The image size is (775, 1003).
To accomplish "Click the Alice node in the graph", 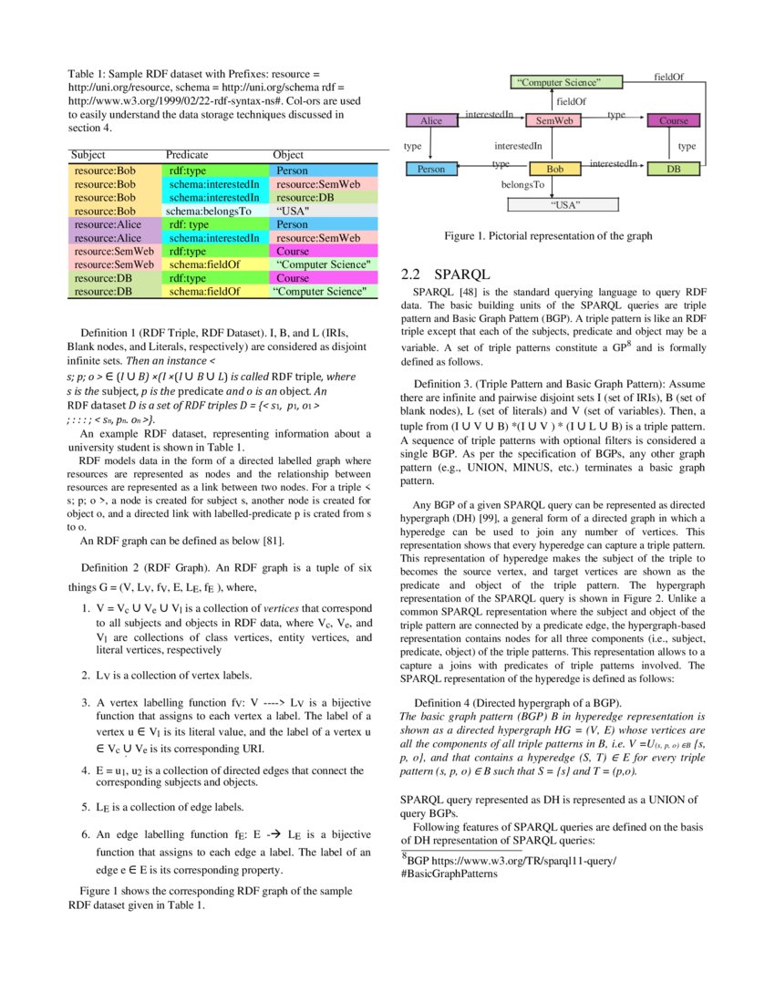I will click(431, 120).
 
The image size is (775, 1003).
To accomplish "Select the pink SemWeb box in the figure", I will click(553, 120).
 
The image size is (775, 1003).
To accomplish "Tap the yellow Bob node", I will click(554, 169).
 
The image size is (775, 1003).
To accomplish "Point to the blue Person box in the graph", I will click(431, 169).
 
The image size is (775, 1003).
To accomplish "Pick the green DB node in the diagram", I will click(674, 169).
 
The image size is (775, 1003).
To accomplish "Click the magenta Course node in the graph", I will click(674, 120).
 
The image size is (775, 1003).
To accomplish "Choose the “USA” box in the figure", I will click(567, 204).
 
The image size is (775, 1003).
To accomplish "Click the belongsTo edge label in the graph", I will click(522, 185).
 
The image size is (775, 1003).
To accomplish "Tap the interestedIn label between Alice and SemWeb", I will click(490, 116).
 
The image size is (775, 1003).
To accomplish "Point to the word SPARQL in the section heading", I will click(463, 274).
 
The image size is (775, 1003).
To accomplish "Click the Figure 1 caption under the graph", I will click(548, 236).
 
